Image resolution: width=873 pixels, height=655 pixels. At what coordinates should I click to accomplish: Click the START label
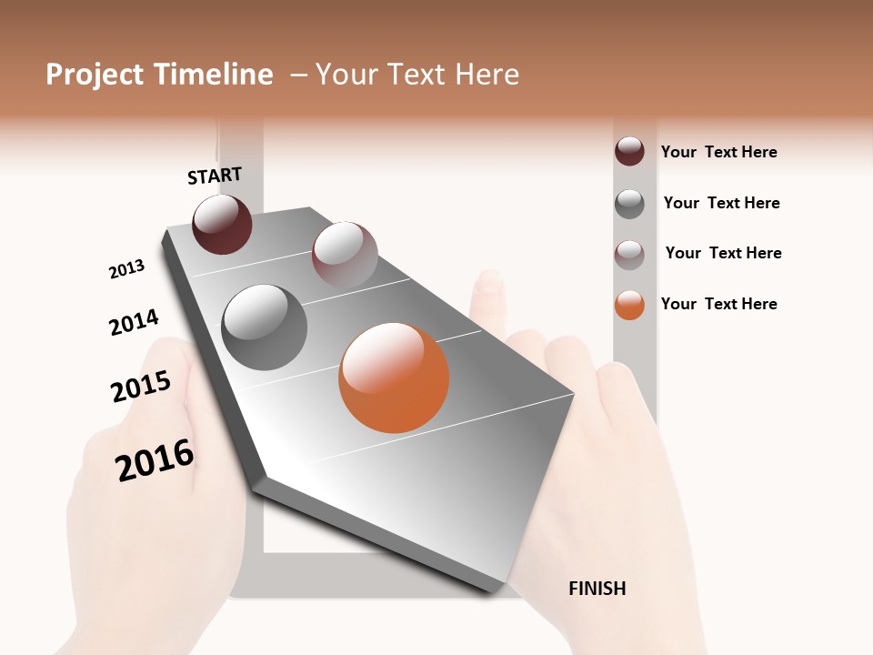point(215,176)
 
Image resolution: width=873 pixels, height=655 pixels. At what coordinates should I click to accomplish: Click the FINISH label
point(597,589)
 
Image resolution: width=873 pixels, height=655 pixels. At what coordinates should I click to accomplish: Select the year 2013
point(126,269)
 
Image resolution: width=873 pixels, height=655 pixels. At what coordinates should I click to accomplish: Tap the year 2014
point(134,322)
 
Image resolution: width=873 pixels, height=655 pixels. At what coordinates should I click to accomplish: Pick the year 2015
point(141,387)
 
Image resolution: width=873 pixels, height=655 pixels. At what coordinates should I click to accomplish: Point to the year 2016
point(155,460)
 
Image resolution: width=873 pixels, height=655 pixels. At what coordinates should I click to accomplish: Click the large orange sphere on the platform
point(394,378)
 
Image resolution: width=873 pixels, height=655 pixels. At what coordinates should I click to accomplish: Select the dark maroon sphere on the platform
point(222,224)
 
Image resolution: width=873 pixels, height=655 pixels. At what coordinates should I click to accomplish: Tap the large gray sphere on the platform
point(265,327)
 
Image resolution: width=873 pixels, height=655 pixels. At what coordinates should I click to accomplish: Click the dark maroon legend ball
point(629,151)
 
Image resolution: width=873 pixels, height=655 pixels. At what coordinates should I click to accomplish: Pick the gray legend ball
point(629,204)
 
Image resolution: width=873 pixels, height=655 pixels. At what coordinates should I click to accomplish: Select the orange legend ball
point(629,305)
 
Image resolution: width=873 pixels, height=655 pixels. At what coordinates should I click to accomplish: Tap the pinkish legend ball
point(629,254)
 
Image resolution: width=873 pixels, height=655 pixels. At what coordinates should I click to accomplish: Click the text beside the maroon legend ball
point(718,152)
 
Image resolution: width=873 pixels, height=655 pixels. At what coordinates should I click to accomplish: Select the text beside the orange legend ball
point(718,304)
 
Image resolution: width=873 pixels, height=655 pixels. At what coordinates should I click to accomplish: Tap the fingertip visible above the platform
point(489,284)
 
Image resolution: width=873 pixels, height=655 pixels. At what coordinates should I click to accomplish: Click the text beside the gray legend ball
point(721,203)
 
